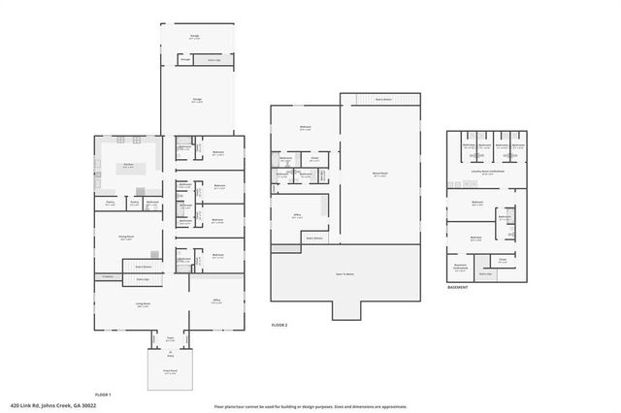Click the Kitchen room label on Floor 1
pyautogui.click(x=128, y=166)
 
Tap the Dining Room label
pyautogui.click(x=126, y=238)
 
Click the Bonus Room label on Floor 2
pyautogui.click(x=380, y=175)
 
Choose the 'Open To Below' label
pyautogui.click(x=344, y=275)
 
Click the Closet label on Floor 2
pyautogui.click(x=314, y=160)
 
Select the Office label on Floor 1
pyautogui.click(x=216, y=302)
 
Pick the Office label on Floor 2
pyautogui.click(x=297, y=217)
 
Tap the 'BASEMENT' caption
pyautogui.click(x=458, y=288)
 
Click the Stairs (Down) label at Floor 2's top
pyautogui.click(x=383, y=99)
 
